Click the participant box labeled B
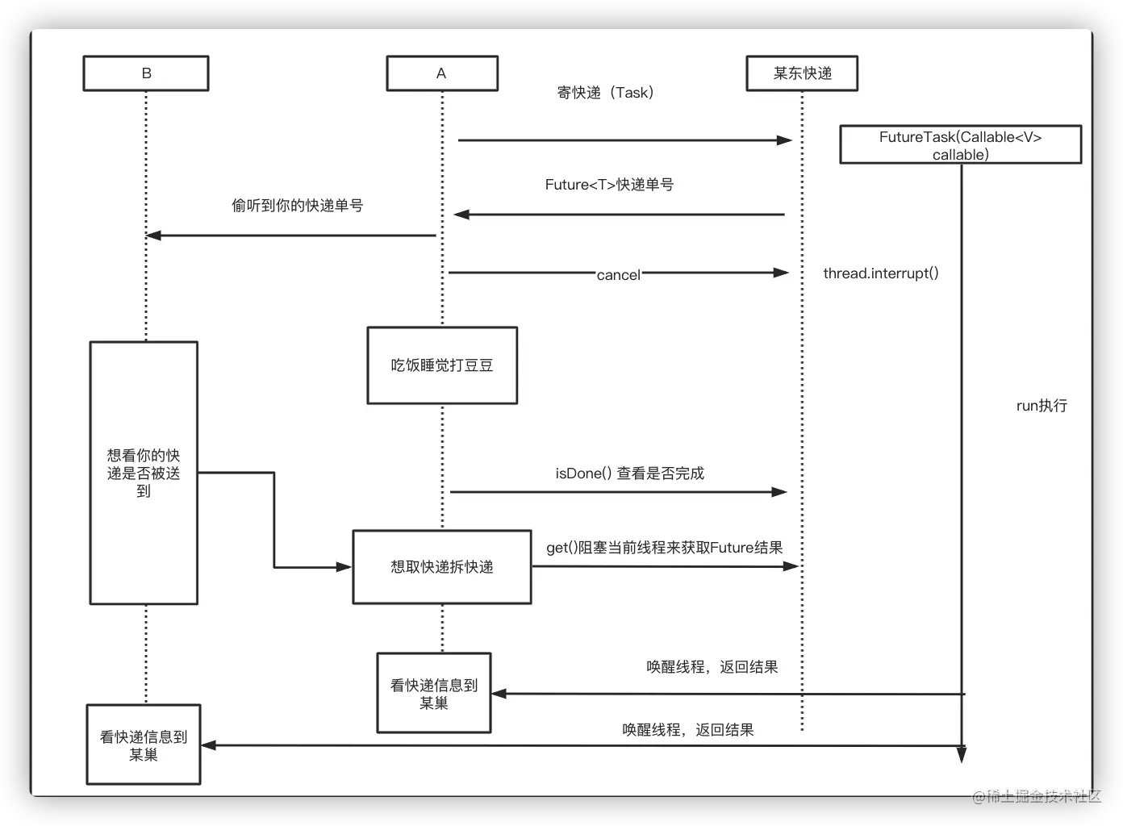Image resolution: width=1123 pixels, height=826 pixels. pos(146,73)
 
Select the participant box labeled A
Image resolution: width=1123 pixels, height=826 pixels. pos(441,73)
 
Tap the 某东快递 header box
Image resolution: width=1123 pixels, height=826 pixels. pos(802,73)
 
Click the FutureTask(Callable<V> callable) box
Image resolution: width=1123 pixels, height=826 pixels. pos(960,145)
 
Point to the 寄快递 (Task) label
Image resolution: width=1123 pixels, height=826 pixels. pos(606,93)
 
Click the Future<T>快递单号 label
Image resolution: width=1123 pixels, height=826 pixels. pos(609,185)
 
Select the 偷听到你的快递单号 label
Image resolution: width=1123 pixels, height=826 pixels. pos(297,206)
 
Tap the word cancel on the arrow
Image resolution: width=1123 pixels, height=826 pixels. pos(618,275)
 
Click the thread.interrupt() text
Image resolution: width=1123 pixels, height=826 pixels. pos(880,273)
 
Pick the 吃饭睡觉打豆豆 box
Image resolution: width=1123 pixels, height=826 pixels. pos(441,365)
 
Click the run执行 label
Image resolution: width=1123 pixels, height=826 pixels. pos(1042,406)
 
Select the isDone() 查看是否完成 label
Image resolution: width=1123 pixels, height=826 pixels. pos(629,473)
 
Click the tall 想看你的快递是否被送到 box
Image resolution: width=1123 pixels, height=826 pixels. pos(144,473)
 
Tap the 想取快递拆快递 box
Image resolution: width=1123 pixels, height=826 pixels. pos(441,567)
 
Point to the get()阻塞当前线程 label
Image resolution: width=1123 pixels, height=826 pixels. pos(664,548)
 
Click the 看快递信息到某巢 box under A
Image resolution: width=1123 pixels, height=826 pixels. pos(434,693)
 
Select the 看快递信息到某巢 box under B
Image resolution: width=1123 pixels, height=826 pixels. pos(144,745)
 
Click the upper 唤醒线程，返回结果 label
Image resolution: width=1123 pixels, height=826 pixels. pos(712,667)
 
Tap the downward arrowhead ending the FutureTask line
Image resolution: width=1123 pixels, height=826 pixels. pos(961,754)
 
